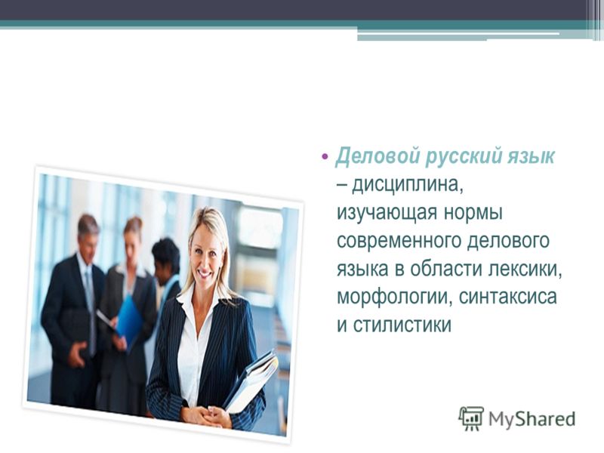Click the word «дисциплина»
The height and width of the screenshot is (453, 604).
click(407, 185)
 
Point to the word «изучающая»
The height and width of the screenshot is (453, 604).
click(387, 213)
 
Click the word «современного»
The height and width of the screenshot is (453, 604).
click(399, 241)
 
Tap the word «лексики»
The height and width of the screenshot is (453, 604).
click(525, 270)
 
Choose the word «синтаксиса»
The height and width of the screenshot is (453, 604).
click(507, 297)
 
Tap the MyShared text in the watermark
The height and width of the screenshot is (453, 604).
click(532, 419)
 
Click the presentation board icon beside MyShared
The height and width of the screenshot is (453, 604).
click(471, 418)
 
